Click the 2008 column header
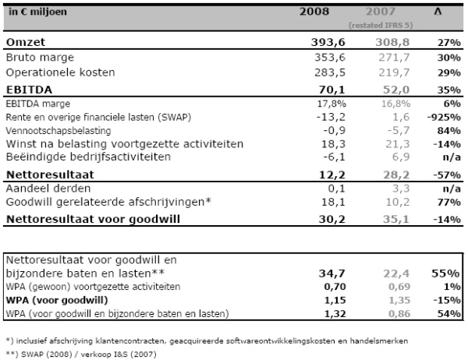[x=314, y=12]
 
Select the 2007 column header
[x=381, y=12]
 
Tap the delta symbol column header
[x=438, y=12]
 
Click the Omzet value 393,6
[x=328, y=42]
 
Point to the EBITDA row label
[x=29, y=90]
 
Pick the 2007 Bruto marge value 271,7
[x=394, y=57]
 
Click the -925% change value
[x=444, y=117]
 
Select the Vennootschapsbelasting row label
[x=58, y=131]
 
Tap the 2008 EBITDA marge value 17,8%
[x=331, y=104]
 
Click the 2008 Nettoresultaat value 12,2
[x=332, y=175]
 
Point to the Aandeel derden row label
[x=48, y=189]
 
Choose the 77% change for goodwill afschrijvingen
[x=449, y=203]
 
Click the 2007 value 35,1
[x=396, y=219]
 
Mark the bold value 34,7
[x=332, y=274]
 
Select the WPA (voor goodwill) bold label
[x=57, y=300]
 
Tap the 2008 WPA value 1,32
[x=335, y=314]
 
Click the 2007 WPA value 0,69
[x=399, y=287]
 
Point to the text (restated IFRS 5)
[x=381, y=26]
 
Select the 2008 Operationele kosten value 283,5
[x=330, y=72]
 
